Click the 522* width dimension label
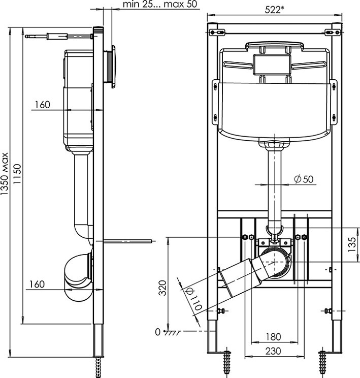click(x=274, y=10)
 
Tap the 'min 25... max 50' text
click(x=160, y=4)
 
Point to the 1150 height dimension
click(x=17, y=174)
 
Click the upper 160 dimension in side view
click(x=43, y=105)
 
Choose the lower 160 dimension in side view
click(x=37, y=284)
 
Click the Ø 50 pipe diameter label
click(x=304, y=179)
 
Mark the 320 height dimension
click(x=163, y=288)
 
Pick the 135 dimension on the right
click(x=352, y=244)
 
